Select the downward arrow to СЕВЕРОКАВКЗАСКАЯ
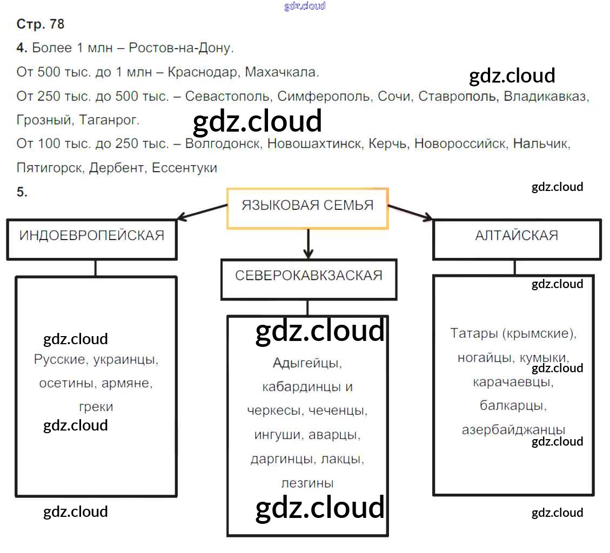click(x=308, y=243)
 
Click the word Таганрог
click(x=109, y=120)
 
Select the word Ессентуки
click(x=184, y=167)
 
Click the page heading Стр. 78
click(x=41, y=24)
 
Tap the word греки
click(x=96, y=407)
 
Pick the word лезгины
click(x=307, y=483)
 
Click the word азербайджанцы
click(x=513, y=429)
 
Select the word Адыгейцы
click(x=307, y=363)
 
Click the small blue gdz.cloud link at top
click(x=305, y=6)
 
